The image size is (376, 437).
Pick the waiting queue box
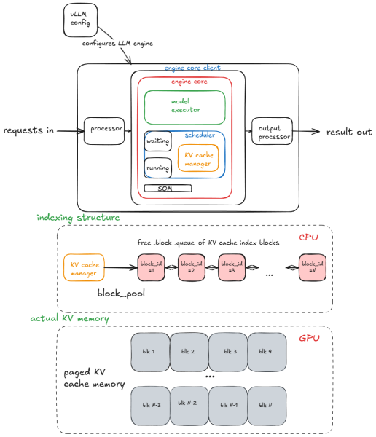(x=157, y=141)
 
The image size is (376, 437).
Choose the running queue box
(x=157, y=168)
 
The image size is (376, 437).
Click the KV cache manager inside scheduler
(x=197, y=158)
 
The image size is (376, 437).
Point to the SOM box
(x=174, y=189)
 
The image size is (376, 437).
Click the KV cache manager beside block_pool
(x=84, y=267)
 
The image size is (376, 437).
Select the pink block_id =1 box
(x=152, y=267)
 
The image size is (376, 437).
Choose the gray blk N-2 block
(x=189, y=404)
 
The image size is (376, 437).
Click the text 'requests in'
(x=28, y=130)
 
